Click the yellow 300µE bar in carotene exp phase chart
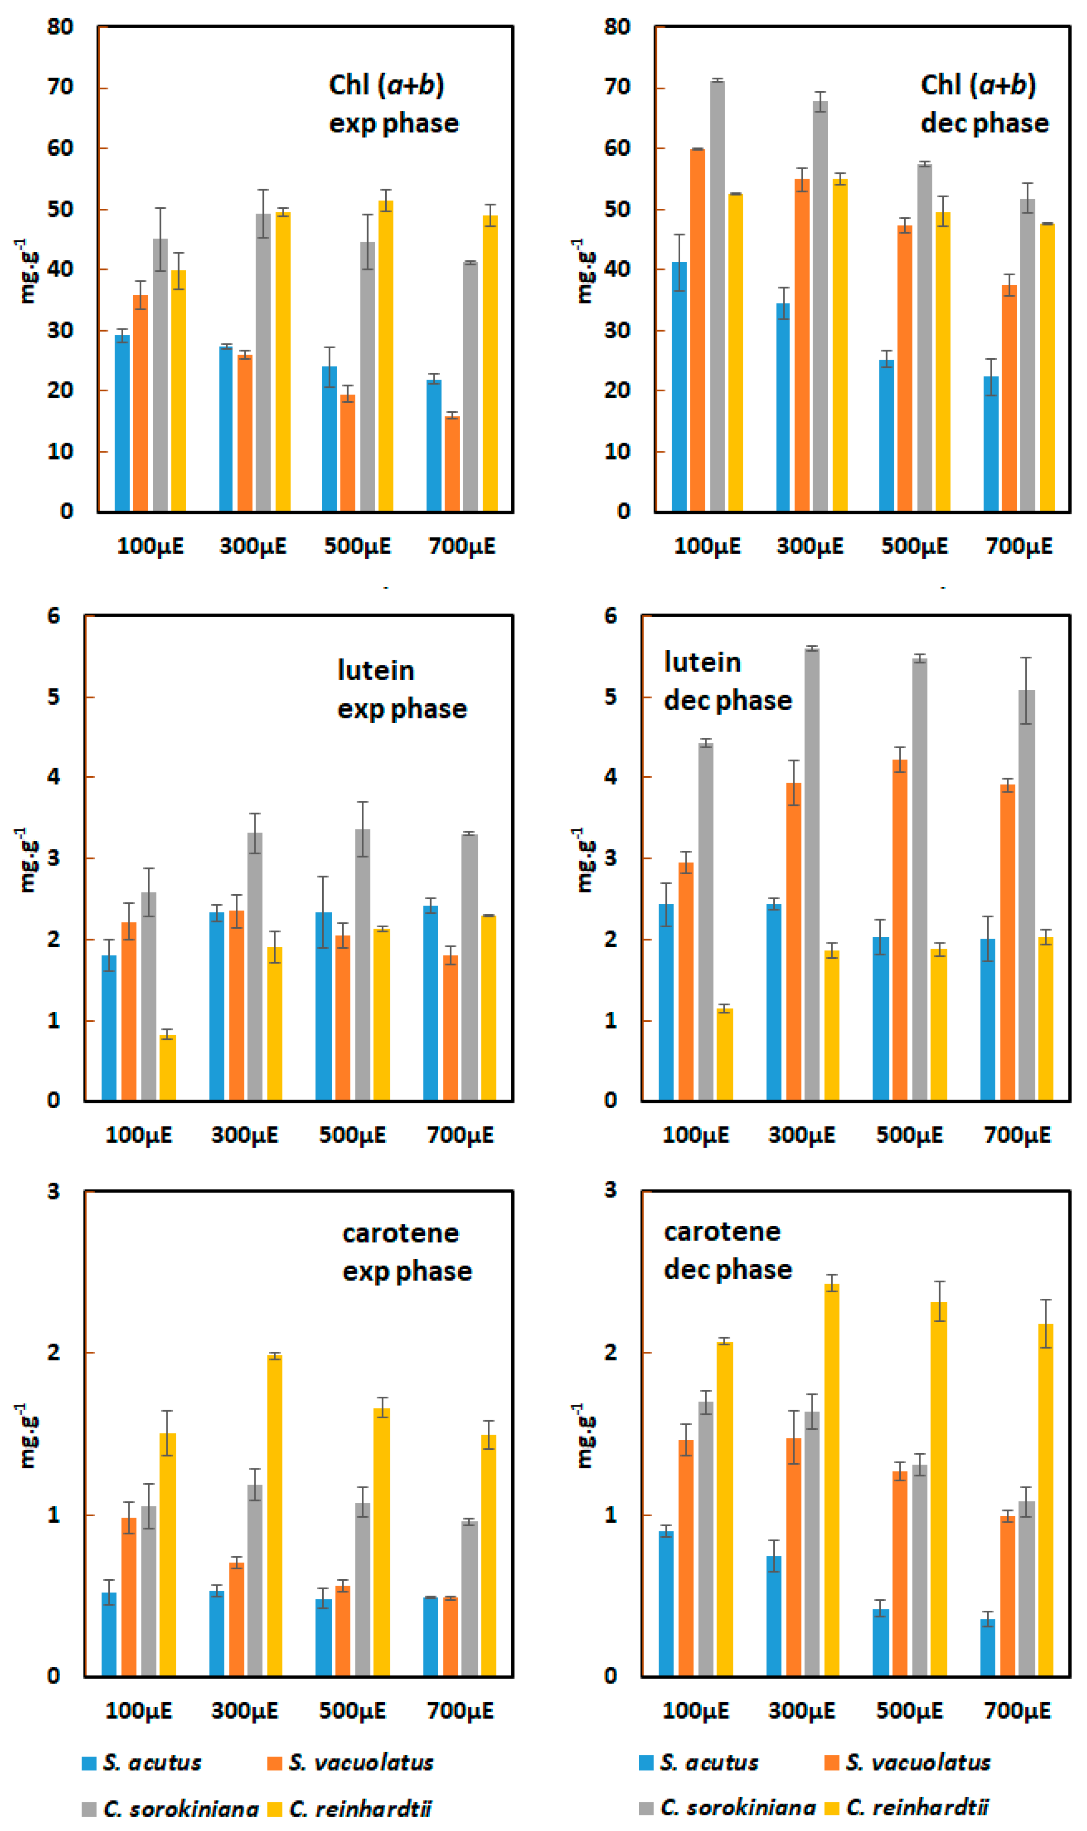[x=274, y=1514]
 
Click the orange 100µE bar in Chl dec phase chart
[x=697, y=330]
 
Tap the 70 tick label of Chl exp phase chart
[x=60, y=87]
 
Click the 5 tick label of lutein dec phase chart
[x=610, y=696]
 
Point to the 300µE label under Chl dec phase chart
[x=810, y=546]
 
